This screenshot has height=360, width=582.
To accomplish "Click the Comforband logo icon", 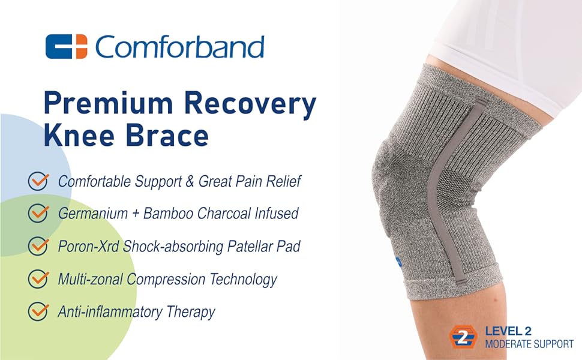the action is (x=67, y=46).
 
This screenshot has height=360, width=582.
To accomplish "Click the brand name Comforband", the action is (x=179, y=46).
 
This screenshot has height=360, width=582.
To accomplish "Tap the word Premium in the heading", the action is (x=109, y=104).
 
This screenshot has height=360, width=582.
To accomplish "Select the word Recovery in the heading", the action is (x=250, y=105).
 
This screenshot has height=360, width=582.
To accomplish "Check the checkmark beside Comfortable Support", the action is (x=38, y=181).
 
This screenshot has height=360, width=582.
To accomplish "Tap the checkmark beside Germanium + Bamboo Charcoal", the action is (x=38, y=213).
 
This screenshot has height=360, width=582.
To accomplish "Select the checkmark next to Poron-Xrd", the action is (x=38, y=245).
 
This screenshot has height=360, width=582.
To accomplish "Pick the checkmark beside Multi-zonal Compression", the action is (x=38, y=278).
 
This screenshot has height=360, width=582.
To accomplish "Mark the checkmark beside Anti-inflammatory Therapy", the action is (x=38, y=311).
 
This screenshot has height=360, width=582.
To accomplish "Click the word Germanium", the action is (x=93, y=214).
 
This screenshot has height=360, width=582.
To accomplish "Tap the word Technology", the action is (x=243, y=280).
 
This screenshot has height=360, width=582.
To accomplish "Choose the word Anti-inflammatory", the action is (x=110, y=312).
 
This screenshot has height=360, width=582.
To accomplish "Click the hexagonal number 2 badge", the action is (x=463, y=337).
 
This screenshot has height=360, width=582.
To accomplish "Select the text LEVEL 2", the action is (x=508, y=331).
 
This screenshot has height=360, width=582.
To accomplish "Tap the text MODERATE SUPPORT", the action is (x=529, y=344).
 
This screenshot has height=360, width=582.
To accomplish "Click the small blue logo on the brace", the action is (x=398, y=262).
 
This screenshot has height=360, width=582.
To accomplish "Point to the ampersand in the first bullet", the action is (x=190, y=181).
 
